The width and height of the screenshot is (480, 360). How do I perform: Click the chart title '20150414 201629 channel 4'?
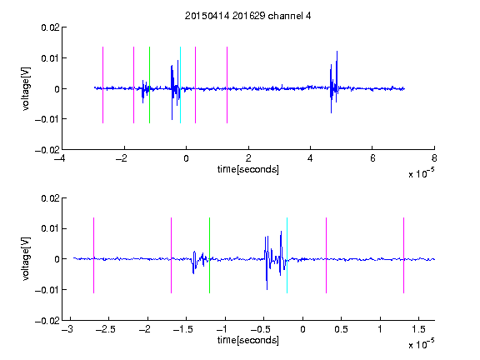click(247, 16)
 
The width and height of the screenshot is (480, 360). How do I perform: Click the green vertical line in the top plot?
click(149, 85)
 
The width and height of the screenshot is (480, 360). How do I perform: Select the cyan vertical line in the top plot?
click(180, 85)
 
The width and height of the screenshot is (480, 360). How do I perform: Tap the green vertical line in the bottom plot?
click(209, 255)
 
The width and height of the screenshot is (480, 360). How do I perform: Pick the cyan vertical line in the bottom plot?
click(287, 255)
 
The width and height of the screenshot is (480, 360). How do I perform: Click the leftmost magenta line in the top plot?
click(102, 85)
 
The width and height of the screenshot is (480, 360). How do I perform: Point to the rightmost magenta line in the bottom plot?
click(403, 255)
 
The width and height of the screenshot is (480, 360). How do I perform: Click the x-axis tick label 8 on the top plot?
click(434, 158)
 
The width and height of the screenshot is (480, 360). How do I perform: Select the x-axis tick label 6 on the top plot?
click(372, 158)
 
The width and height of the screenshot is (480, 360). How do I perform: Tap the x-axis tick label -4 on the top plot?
click(59, 158)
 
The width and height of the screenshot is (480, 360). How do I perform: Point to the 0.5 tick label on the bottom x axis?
click(341, 329)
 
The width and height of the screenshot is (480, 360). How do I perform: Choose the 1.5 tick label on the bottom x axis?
click(418, 329)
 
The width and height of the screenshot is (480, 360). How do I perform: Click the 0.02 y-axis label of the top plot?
click(50, 27)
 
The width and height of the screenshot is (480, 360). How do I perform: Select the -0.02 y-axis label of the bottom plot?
click(47, 321)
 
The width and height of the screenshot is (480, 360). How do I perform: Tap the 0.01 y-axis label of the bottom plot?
click(50, 228)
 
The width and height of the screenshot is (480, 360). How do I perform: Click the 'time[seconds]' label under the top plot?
click(248, 169)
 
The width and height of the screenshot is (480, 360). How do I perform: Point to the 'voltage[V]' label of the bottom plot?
click(27, 259)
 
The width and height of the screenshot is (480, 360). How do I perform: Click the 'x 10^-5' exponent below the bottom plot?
click(421, 343)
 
